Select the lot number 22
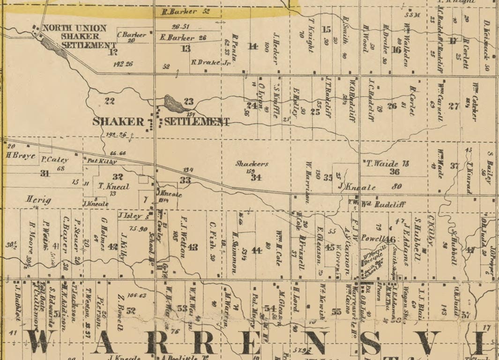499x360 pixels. (x=110, y=101)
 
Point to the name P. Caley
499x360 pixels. (x=55, y=160)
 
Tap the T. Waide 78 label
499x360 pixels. (x=387, y=163)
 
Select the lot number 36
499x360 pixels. (x=395, y=172)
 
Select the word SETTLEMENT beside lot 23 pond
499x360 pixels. (x=196, y=122)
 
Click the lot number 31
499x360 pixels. (x=45, y=173)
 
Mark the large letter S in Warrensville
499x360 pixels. (x=370, y=343)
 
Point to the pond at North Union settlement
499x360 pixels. (x=54, y=47)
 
